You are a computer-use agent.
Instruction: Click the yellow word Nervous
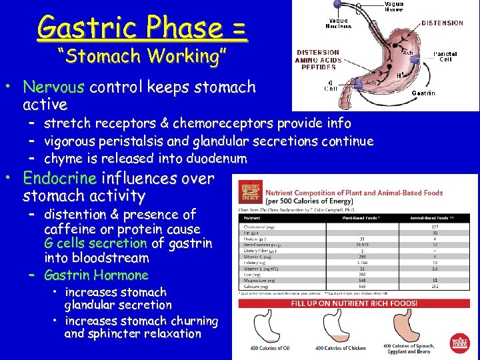click(54, 87)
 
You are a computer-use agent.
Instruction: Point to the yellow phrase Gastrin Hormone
click(96, 275)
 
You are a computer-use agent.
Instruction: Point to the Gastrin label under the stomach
click(423, 93)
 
